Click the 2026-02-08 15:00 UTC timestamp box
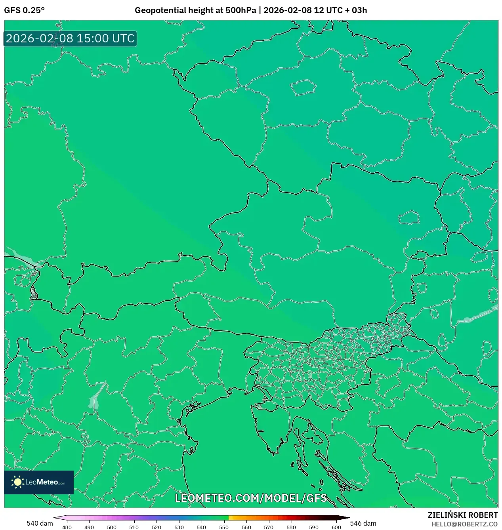pyautogui.click(x=70, y=39)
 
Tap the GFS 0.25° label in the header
pyautogui.click(x=24, y=10)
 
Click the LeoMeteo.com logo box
pyautogui.click(x=39, y=482)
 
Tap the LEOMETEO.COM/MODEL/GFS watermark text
pyautogui.click(x=251, y=498)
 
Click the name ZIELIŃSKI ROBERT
pyautogui.click(x=462, y=515)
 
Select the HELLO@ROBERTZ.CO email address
pyautogui.click(x=464, y=524)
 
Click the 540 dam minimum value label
pyautogui.click(x=40, y=523)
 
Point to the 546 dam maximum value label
pyautogui.click(x=363, y=523)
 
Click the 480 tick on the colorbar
pyautogui.click(x=67, y=527)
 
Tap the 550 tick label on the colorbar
pyautogui.click(x=224, y=527)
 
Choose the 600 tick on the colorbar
pyautogui.click(x=336, y=527)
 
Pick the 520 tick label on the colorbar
pyautogui.click(x=157, y=527)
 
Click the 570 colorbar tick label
pyautogui.click(x=269, y=527)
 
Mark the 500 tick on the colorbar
pyautogui.click(x=112, y=527)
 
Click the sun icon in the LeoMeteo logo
pyautogui.click(x=17, y=482)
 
